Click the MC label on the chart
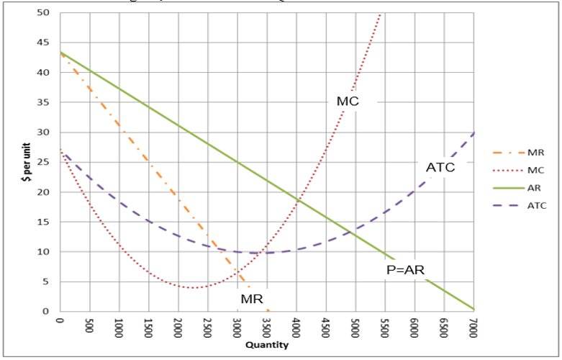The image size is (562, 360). [348, 102]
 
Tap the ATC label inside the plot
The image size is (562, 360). [440, 168]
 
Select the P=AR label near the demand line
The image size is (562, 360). [406, 270]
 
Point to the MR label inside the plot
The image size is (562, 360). [252, 299]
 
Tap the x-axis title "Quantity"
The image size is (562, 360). [267, 345]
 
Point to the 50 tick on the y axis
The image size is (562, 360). [44, 13]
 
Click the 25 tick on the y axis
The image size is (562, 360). [44, 162]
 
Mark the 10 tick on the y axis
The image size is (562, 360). [44, 252]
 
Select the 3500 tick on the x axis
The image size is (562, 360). [267, 327]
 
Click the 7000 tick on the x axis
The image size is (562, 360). [473, 327]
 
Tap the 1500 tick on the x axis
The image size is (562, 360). [148, 327]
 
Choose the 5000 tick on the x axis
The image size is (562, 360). [355, 327]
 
